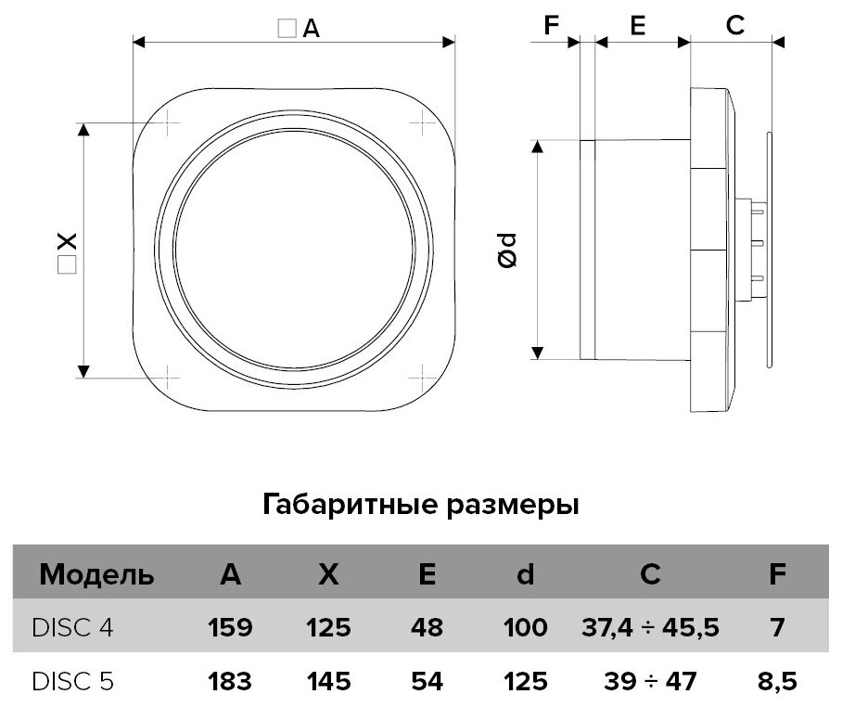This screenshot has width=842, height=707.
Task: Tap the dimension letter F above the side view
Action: click(553, 26)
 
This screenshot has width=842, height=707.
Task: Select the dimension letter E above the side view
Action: click(637, 26)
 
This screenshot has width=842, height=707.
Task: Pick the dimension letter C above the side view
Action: click(734, 26)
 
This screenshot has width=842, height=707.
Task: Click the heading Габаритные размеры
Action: click(421, 506)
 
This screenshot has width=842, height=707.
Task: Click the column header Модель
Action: click(96, 574)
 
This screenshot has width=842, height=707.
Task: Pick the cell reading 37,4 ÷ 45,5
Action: click(650, 628)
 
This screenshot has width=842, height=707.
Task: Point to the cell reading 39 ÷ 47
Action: click(650, 682)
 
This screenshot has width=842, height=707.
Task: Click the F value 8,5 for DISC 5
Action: click(778, 682)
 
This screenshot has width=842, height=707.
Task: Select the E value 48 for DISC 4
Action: click(427, 628)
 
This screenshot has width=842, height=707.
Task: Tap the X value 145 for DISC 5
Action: click(328, 682)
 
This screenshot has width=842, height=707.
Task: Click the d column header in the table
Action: click(525, 574)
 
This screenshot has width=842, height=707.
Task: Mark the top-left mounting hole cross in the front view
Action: click(170, 122)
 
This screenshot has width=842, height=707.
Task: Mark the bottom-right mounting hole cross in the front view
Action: click(423, 377)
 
